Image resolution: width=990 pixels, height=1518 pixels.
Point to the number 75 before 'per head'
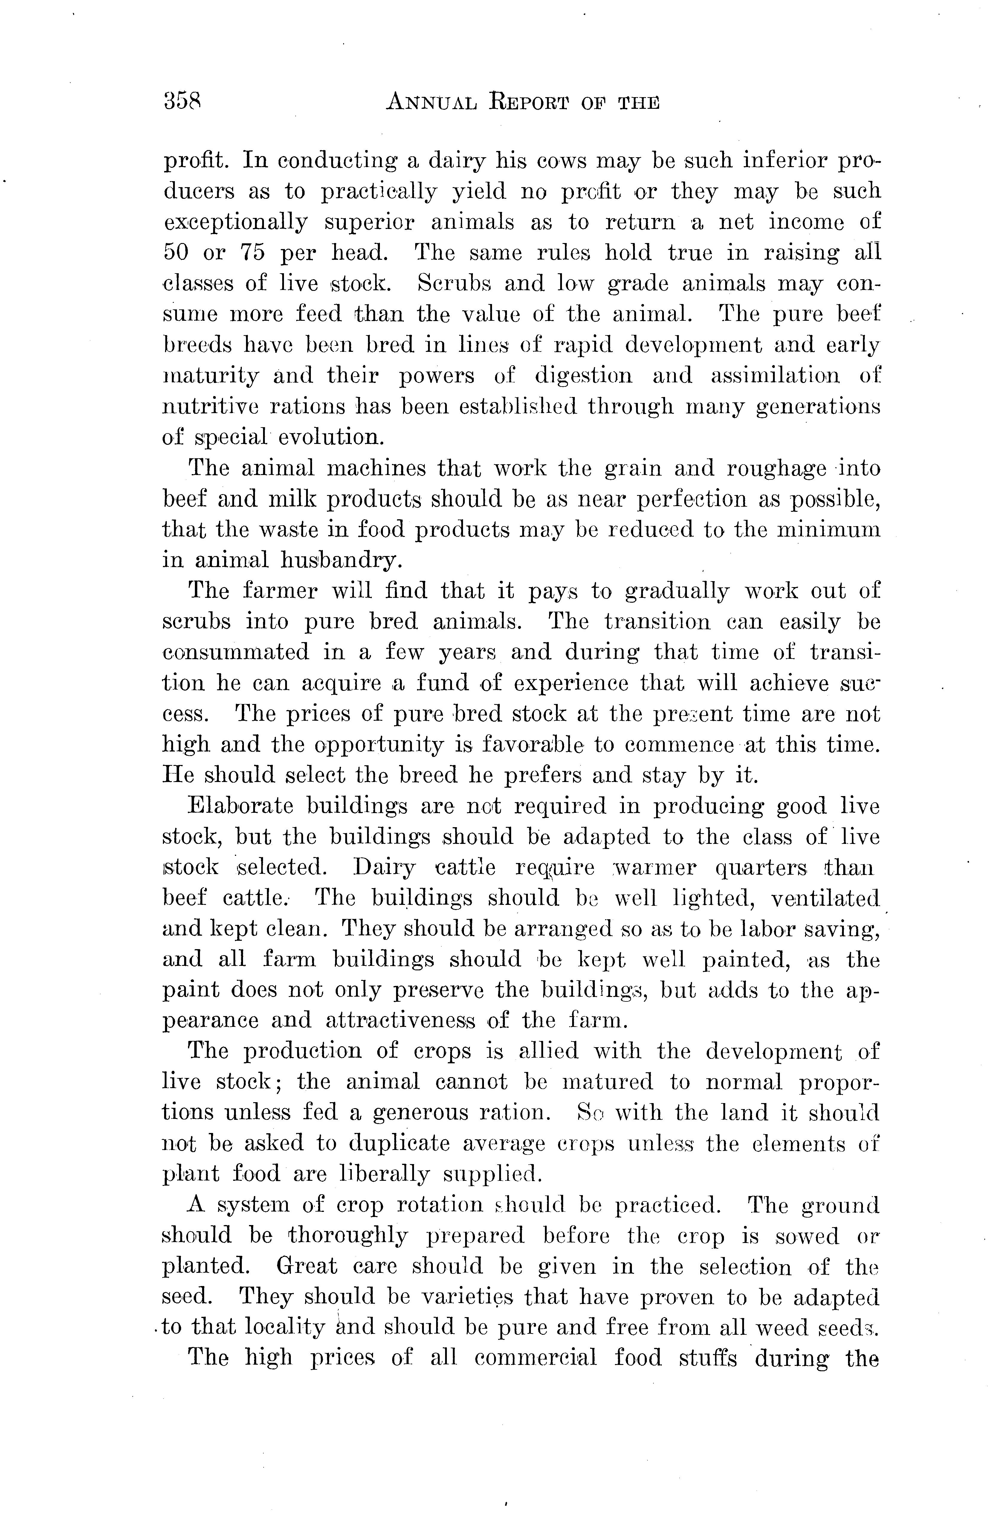click(x=253, y=253)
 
